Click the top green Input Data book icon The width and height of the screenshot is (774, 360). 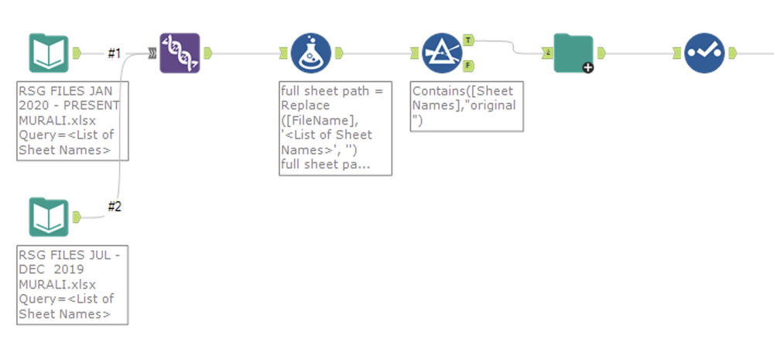pyautogui.click(x=49, y=53)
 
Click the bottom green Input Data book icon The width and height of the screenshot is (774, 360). pyautogui.click(x=49, y=218)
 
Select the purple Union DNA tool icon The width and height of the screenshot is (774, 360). pyautogui.click(x=180, y=53)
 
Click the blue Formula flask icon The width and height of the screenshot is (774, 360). pyautogui.click(x=311, y=53)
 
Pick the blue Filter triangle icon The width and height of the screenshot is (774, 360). pyautogui.click(x=443, y=53)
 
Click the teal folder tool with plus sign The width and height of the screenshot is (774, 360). pyautogui.click(x=574, y=53)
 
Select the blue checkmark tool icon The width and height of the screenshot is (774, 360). pyautogui.click(x=704, y=53)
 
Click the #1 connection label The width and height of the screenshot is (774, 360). pyautogui.click(x=115, y=53)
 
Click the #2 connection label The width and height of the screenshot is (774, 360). pyautogui.click(x=115, y=206)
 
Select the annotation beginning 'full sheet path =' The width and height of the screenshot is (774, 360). pyautogui.click(x=335, y=127)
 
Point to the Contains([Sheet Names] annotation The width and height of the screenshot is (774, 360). pyautogui.click(x=467, y=105)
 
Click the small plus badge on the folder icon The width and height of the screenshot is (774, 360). pyautogui.click(x=588, y=68)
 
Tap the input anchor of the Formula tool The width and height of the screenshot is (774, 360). pyautogui.click(x=284, y=53)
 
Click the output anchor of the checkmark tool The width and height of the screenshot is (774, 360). pyautogui.click(x=732, y=53)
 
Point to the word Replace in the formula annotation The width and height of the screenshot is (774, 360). pyautogui.click(x=304, y=104)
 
